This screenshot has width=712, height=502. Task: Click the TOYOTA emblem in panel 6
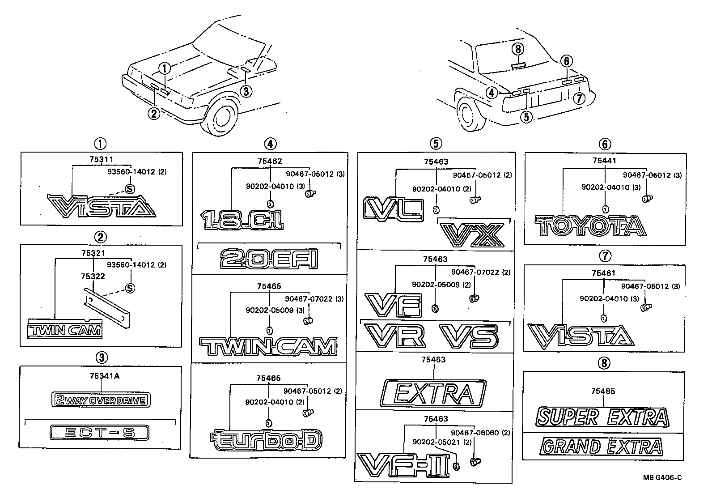coord(590,226)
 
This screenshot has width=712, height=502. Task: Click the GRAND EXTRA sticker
coord(602,447)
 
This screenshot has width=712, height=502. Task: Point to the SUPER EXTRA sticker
coord(603,417)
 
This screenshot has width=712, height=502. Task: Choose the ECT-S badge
coord(99,433)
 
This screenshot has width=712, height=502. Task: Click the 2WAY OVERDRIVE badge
coord(101,400)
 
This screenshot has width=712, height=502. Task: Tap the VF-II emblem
coord(403,465)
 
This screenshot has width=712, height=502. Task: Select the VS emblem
coord(469,336)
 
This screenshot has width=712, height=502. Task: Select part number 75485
coord(603,391)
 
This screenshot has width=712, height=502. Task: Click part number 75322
coord(93,277)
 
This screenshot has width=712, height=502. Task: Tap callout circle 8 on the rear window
coord(518,49)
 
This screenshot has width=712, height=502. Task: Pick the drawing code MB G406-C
coord(662,477)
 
